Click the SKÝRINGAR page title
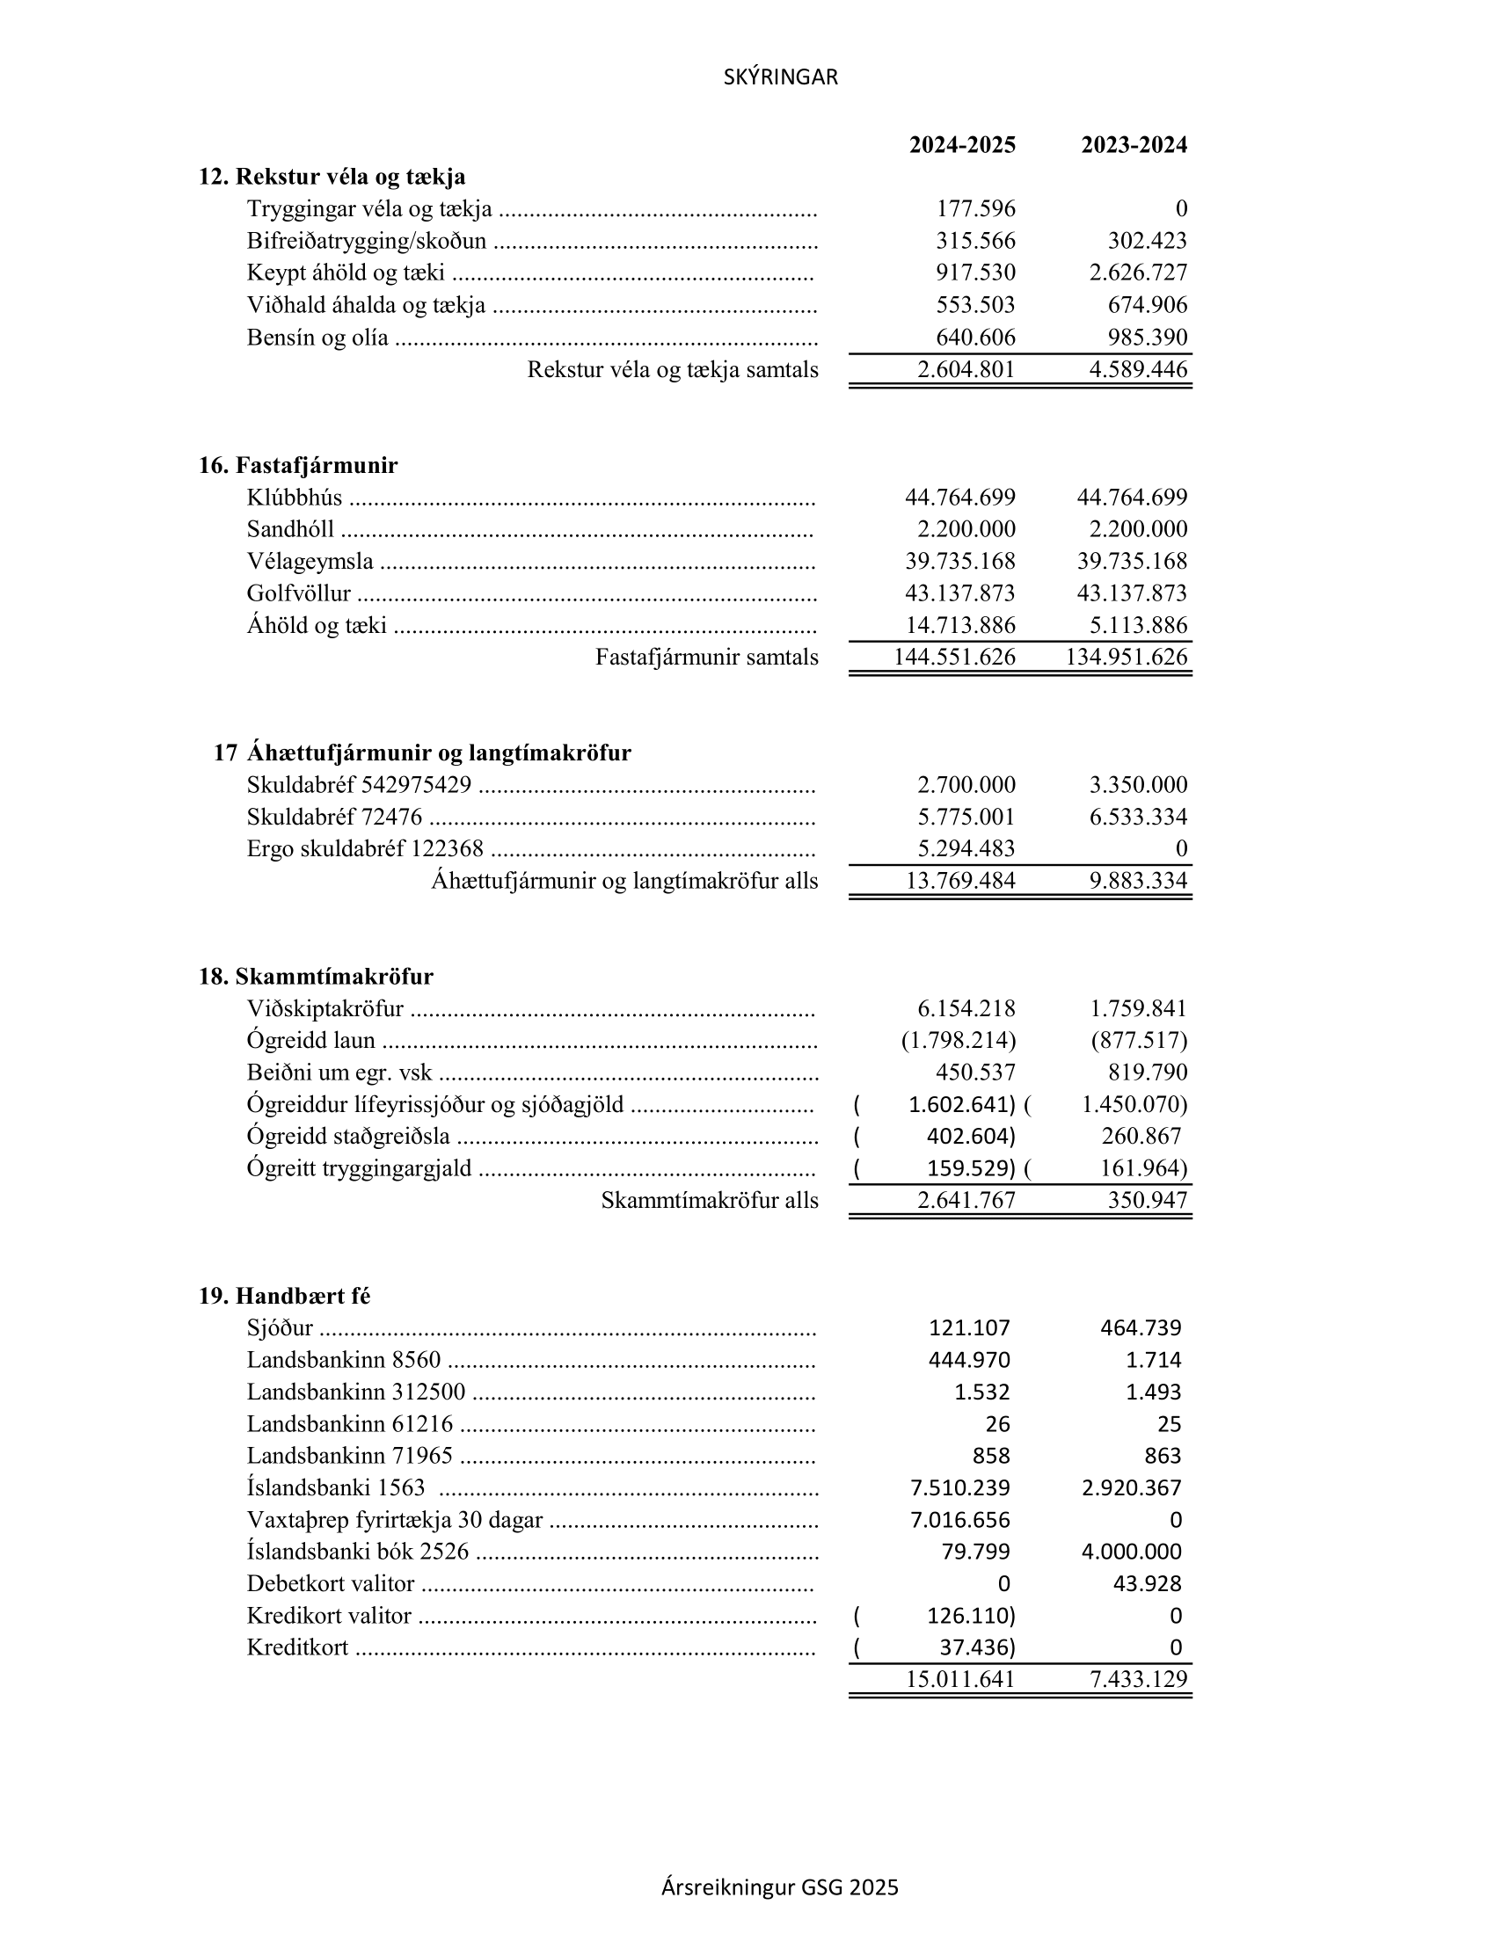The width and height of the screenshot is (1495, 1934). (x=780, y=78)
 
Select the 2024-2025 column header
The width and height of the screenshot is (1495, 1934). (x=962, y=145)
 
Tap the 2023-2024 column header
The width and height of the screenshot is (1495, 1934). (x=1134, y=145)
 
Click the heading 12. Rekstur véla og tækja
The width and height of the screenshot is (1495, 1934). (x=332, y=177)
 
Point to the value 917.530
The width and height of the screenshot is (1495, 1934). (x=975, y=273)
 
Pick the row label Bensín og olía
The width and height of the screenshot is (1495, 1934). (x=317, y=338)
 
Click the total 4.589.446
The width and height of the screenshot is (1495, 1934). (x=1138, y=369)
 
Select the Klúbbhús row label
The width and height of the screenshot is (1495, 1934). (x=294, y=498)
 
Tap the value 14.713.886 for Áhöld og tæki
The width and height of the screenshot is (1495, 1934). (x=960, y=625)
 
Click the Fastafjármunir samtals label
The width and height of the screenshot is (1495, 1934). (x=707, y=657)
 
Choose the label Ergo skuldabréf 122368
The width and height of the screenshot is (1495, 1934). (x=365, y=849)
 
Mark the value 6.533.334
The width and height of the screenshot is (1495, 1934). (x=1138, y=817)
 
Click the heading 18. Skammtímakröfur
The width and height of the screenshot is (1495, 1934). (x=317, y=977)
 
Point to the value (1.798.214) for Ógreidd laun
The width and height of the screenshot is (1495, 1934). (x=959, y=1041)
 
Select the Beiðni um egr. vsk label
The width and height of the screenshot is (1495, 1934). (x=339, y=1073)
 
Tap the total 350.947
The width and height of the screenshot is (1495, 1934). (x=1147, y=1201)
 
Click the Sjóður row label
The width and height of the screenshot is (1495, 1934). (x=280, y=1328)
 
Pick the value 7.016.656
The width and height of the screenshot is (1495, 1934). (x=960, y=1520)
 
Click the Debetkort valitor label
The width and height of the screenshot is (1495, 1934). (x=331, y=1583)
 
